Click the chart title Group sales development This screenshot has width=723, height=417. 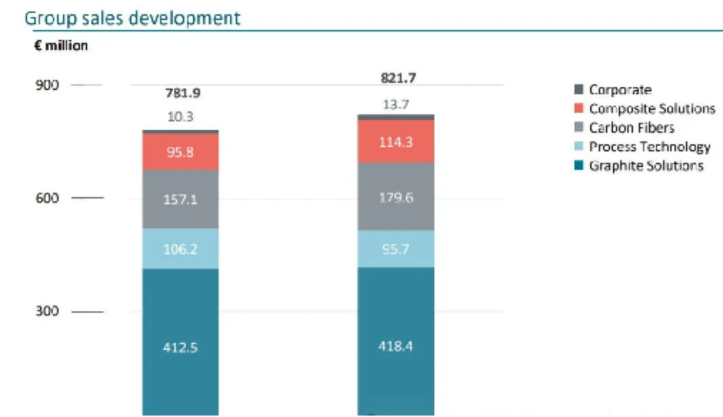coord(133,18)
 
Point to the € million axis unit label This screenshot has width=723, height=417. coord(61,46)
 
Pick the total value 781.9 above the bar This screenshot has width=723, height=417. coord(182,93)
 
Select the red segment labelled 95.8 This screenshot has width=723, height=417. coord(181,152)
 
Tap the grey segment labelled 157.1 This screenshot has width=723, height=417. coord(181,200)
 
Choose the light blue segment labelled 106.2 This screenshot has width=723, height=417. coord(181,249)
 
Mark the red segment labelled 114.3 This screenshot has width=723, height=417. coord(396,142)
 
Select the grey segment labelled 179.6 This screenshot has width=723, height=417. coord(396,197)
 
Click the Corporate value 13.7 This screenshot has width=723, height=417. coord(396,105)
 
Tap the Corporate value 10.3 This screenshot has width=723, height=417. coord(181,117)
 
